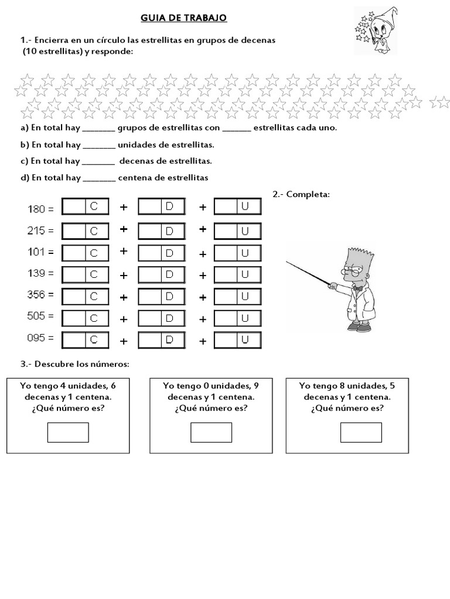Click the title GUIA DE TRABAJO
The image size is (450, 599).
pyautogui.click(x=183, y=18)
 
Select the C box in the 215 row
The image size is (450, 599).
pyautogui.click(x=85, y=230)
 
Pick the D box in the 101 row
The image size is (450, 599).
pyautogui.click(x=161, y=252)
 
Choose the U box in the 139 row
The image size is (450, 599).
pyautogui.click(x=237, y=274)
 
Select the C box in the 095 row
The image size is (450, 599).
pyautogui.click(x=85, y=339)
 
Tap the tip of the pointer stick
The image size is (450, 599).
pyautogui.click(x=288, y=261)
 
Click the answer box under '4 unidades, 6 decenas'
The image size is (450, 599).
pyautogui.click(x=68, y=432)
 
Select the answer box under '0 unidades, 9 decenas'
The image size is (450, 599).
pyautogui.click(x=211, y=432)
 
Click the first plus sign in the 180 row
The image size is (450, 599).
pyautogui.click(x=124, y=207)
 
